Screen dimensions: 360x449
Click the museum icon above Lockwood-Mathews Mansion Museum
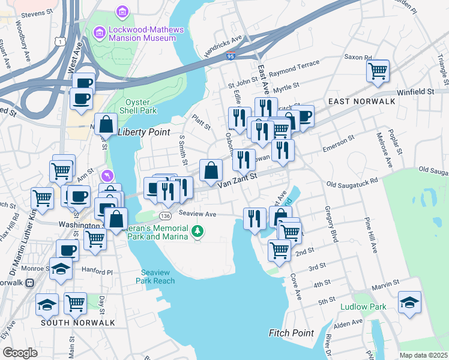coord(123,12)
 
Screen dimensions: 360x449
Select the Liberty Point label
coord(144,132)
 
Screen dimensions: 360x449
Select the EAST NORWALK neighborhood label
coord(362,101)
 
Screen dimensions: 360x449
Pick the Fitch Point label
coord(291,333)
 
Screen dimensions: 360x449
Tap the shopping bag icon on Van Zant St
coord(211,170)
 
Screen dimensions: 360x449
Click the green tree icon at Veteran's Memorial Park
coord(197,231)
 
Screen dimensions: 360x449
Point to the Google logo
coord(20,352)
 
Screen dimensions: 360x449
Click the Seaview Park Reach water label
coord(155,277)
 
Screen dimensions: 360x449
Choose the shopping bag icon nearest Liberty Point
coord(106,125)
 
